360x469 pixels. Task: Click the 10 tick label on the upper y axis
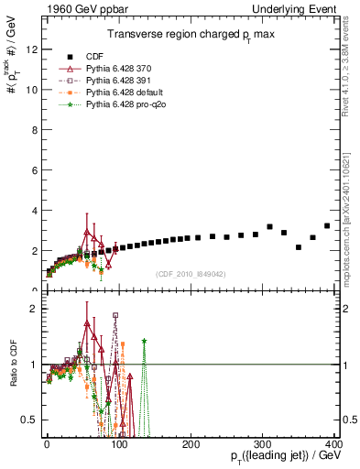[x=32, y=90]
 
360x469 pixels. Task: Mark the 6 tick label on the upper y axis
[x=35, y=170]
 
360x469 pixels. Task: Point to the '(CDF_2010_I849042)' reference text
[x=191, y=273]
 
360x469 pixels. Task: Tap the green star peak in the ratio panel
[x=145, y=341]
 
